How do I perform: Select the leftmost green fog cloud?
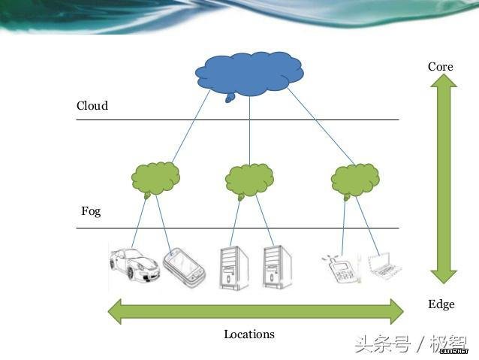[155, 179]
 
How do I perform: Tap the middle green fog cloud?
[249, 180]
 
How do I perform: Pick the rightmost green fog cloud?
[355, 180]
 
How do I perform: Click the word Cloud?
[92, 105]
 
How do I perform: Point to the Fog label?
[91, 211]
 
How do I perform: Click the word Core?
[440, 67]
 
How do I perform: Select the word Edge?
[441, 304]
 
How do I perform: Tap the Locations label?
[249, 334]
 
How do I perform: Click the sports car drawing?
[134, 265]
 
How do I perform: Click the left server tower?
[233, 268]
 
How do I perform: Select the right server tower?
[277, 267]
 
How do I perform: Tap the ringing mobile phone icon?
[342, 268]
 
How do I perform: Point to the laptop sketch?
[385, 266]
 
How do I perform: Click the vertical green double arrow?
[443, 179]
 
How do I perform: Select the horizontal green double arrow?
[256, 311]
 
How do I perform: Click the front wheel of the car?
[131, 273]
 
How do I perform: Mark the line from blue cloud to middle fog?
[249, 131]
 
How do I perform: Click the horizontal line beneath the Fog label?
[237, 228]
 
